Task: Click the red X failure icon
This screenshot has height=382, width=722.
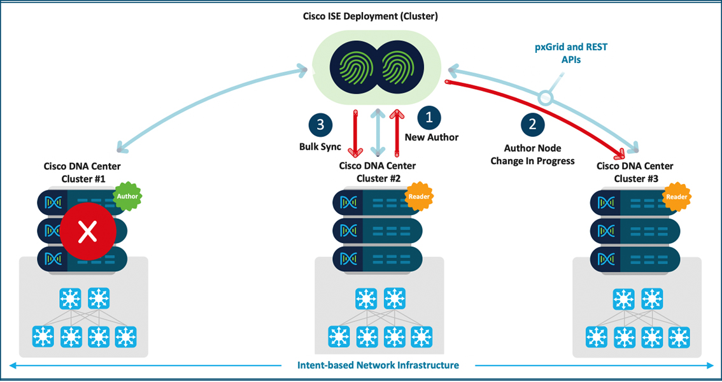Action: pos(87,233)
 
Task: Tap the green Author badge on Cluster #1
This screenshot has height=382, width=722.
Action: pos(127,197)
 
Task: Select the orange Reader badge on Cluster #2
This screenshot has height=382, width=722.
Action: pos(418,197)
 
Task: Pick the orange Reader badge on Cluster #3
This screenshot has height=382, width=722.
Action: pos(676,197)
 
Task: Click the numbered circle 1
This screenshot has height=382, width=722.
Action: pos(428,118)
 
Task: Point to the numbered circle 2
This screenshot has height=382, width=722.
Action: pos(532,124)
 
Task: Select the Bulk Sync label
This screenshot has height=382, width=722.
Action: pos(320,146)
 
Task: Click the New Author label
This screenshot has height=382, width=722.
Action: pos(432,137)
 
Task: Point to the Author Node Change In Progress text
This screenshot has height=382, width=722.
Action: pos(532,155)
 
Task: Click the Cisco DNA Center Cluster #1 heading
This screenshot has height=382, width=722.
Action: pos(82,173)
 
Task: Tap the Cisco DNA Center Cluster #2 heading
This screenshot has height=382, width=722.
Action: pos(378,173)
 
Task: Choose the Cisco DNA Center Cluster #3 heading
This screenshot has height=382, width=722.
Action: pos(635,173)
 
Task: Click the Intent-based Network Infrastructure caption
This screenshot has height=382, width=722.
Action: pos(378,365)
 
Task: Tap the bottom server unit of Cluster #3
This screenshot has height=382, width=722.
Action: pos(635,258)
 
